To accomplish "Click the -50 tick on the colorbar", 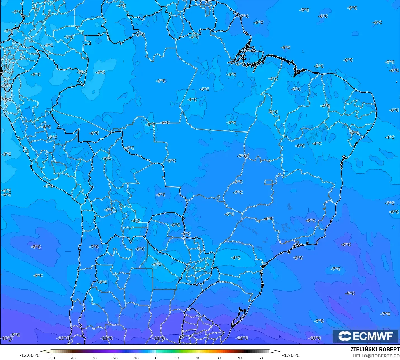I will click(x=51, y=358).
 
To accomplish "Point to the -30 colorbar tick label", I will click(x=93, y=358).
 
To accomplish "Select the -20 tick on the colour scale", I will click(x=114, y=358).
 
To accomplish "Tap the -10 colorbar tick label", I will click(x=135, y=358).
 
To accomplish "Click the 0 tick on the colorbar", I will click(x=156, y=358).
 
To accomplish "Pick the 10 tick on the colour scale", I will click(x=177, y=358).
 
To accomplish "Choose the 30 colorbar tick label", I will click(x=219, y=358).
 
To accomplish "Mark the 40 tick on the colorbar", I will click(x=240, y=358).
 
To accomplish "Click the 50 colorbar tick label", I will click(x=261, y=358).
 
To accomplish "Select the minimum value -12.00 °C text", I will click(x=29, y=355).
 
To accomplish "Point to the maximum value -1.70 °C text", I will click(x=291, y=355).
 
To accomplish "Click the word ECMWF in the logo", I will click(x=373, y=336).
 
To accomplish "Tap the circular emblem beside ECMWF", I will click(x=345, y=336).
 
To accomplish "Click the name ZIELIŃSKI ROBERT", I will click(x=375, y=349).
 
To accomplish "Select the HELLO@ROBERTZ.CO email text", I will click(x=376, y=356).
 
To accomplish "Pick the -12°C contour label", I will click(x=242, y=338).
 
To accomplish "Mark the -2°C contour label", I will click(x=7, y=100).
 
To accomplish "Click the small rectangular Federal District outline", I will click(x=269, y=182).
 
